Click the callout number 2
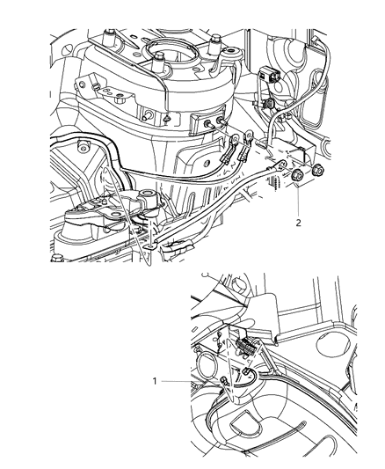(x=298, y=223)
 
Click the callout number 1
(x=155, y=381)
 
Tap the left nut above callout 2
(x=298, y=175)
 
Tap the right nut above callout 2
(x=317, y=171)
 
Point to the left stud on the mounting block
(x=207, y=123)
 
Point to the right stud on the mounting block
(x=222, y=121)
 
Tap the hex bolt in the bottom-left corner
(x=57, y=258)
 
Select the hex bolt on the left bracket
(x=120, y=99)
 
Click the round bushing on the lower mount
(x=148, y=195)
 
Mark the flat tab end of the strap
(x=150, y=245)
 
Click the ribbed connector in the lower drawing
(x=245, y=347)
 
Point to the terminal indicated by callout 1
(x=224, y=381)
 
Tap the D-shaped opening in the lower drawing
(x=245, y=421)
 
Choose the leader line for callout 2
(x=298, y=201)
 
